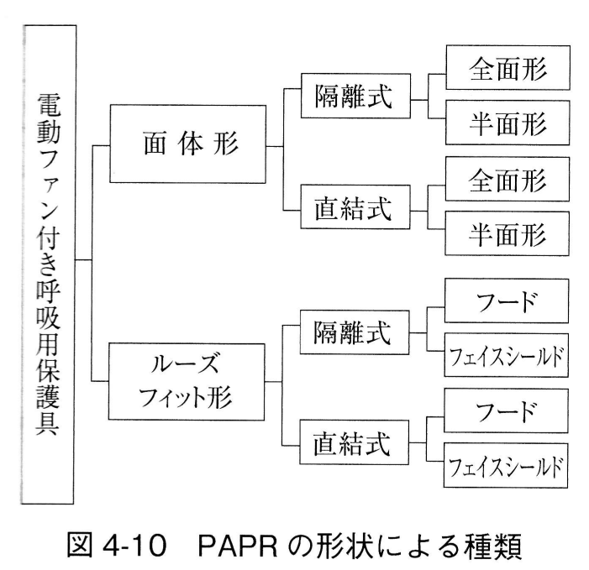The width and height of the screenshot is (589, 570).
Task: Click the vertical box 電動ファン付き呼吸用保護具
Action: (49, 262)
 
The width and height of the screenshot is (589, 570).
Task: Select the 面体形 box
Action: (187, 144)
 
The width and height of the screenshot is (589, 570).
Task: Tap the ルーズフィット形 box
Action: (187, 380)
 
